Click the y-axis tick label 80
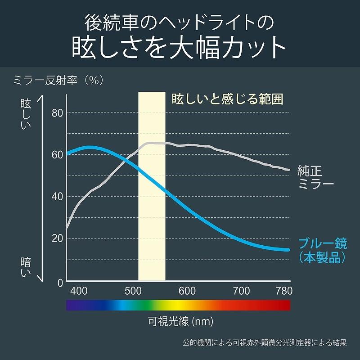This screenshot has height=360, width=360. click(57, 112)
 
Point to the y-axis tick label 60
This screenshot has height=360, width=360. click(57, 155)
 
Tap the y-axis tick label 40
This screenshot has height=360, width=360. click(57, 197)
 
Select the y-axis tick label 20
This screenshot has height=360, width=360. click(57, 238)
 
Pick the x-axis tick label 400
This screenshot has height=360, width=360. click(79, 291)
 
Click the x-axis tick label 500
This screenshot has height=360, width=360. click(133, 291)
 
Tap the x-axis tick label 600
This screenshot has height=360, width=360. click(187, 291)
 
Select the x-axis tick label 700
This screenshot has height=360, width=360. click(241, 291)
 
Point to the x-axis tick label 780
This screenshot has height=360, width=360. click(284, 291)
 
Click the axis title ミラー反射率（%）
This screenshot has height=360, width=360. click(58, 80)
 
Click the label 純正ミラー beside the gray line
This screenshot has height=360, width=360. click(315, 177)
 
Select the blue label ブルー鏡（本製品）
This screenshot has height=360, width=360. click(322, 250)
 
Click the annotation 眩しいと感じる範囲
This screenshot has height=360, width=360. click(227, 99)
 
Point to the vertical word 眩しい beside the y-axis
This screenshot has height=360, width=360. click(26, 115)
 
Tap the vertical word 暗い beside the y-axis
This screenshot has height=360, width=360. click(26, 268)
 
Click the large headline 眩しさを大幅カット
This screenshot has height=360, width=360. click(180, 46)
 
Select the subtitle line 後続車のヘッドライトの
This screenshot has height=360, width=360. click(180, 21)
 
